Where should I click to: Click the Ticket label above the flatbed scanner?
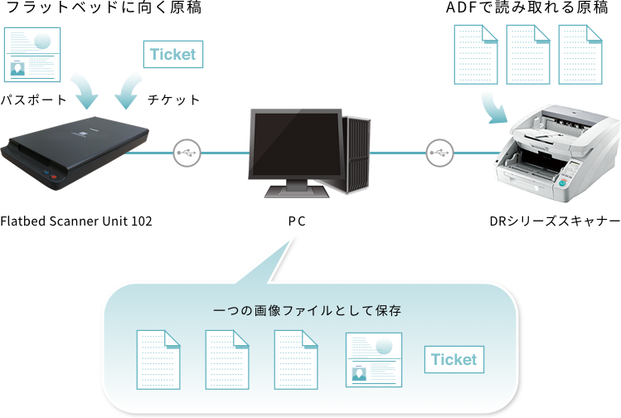(x=172, y=55)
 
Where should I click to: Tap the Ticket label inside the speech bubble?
(x=454, y=359)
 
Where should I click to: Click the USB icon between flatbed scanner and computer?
(x=187, y=153)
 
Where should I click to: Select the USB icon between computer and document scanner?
(x=439, y=153)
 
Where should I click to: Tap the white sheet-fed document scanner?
(x=560, y=154)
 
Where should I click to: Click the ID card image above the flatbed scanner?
(x=32, y=54)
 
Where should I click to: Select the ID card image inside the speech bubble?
(x=373, y=359)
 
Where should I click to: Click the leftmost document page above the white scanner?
(x=475, y=54)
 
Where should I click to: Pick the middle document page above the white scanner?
(x=527, y=54)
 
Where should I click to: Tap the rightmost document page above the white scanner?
(x=580, y=54)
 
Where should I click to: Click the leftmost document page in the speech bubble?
(x=158, y=359)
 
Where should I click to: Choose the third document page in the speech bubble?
(x=296, y=359)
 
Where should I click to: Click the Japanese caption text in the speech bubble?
(x=308, y=312)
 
